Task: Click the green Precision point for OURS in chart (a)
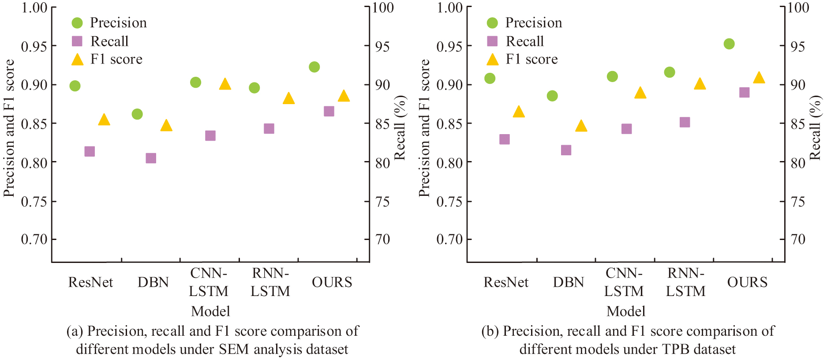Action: (x=314, y=67)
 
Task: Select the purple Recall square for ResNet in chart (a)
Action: (x=90, y=151)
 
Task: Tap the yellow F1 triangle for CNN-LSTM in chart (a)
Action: (x=225, y=84)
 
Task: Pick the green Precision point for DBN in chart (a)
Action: (x=137, y=114)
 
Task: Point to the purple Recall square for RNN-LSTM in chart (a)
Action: (x=269, y=128)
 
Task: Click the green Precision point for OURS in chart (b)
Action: (x=729, y=44)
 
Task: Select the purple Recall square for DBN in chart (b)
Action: (x=566, y=150)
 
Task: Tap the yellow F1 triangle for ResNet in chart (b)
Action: (x=519, y=112)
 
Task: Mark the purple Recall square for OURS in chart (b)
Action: (x=745, y=93)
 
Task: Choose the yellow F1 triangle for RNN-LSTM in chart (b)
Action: (x=700, y=84)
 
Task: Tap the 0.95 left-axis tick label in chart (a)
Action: (x=34, y=46)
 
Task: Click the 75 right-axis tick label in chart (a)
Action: (x=382, y=202)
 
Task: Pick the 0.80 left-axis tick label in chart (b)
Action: (x=449, y=163)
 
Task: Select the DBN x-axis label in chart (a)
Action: (x=153, y=282)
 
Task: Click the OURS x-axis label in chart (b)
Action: (x=747, y=282)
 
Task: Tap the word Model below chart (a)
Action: (x=210, y=311)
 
